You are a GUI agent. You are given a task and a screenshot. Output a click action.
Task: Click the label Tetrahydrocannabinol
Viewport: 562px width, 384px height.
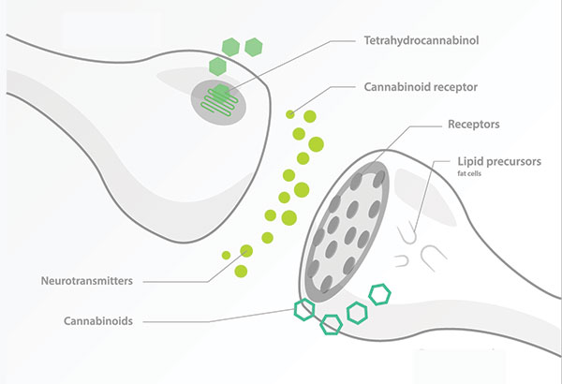click(423, 41)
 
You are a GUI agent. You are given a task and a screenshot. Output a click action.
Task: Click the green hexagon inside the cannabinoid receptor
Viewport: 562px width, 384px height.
click(220, 93)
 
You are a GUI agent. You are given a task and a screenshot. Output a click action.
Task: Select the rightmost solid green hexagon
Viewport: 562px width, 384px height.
click(253, 46)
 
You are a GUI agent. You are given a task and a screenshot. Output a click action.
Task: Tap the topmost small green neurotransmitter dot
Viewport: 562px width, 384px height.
click(290, 114)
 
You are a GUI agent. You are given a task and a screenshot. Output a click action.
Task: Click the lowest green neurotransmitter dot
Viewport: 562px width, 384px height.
click(242, 272)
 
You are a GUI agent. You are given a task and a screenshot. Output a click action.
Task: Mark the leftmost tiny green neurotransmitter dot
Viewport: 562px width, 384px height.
click(226, 255)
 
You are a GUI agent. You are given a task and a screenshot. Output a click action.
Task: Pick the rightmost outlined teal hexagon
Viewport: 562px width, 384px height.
click(380, 294)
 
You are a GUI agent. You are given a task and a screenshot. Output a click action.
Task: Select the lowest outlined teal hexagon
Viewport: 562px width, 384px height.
click(331, 324)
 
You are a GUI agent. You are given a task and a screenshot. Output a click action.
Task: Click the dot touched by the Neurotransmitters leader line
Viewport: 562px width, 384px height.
click(246, 251)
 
